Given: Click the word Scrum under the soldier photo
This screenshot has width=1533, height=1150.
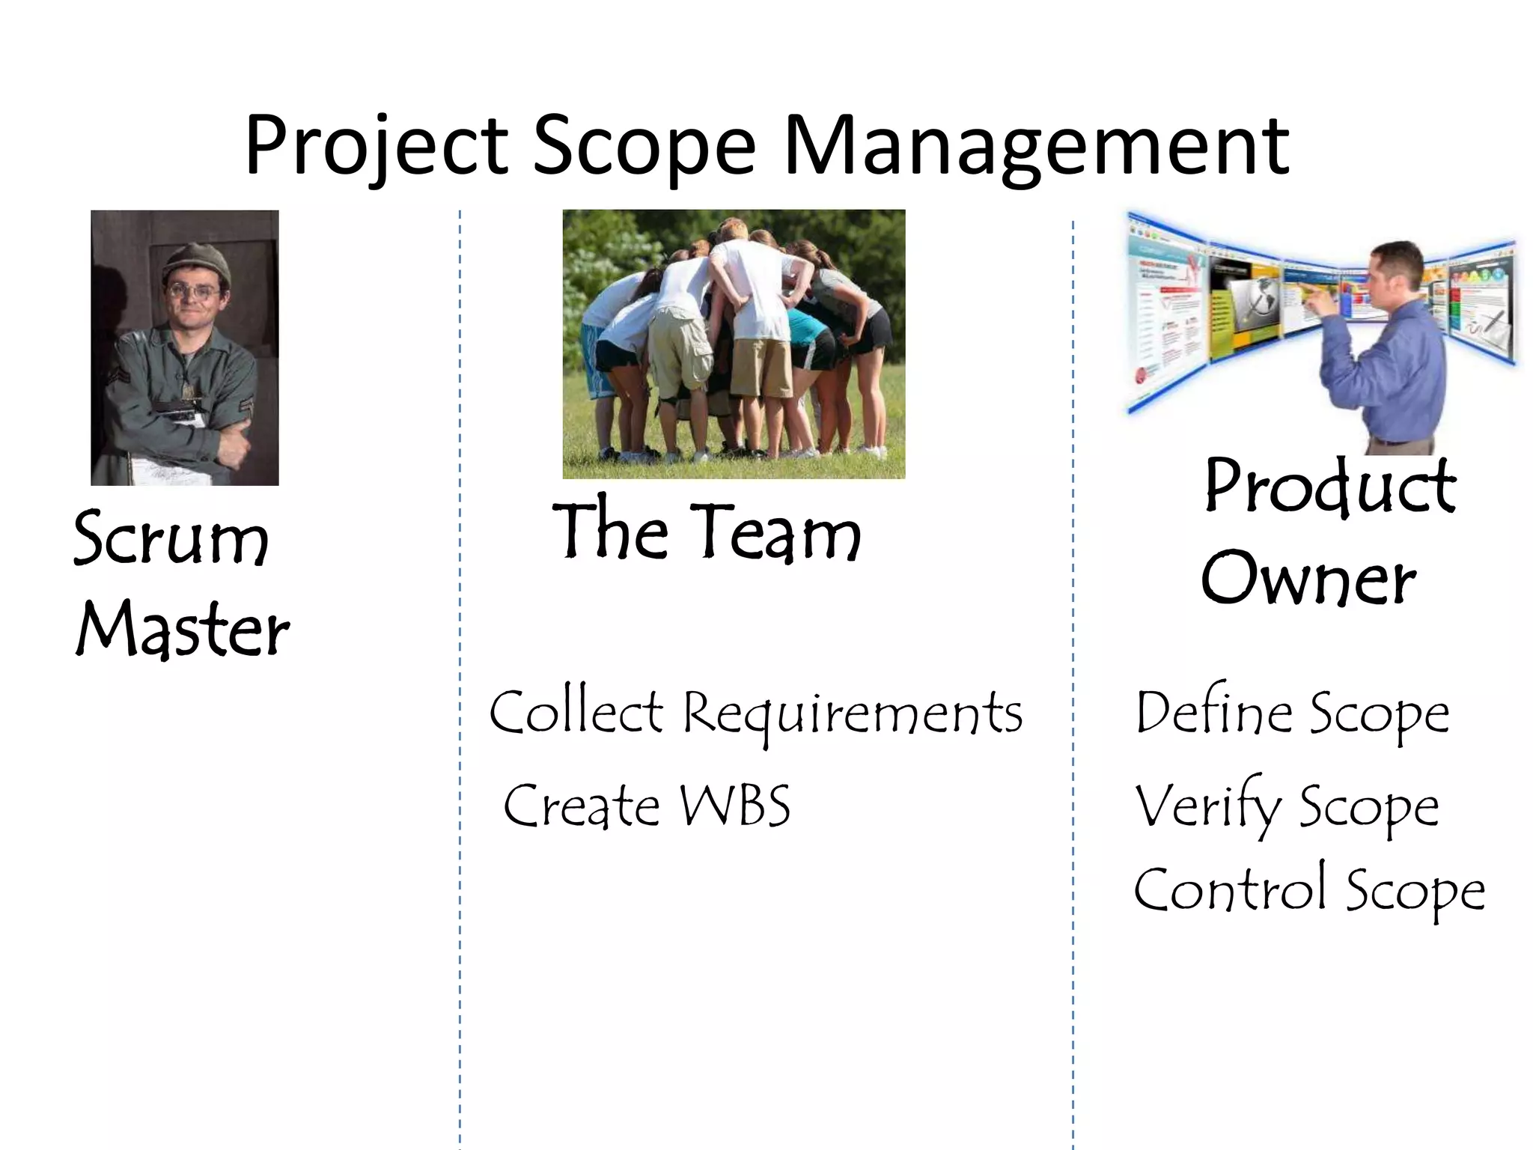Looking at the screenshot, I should tap(171, 539).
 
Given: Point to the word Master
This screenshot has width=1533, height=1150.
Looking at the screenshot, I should tap(183, 629).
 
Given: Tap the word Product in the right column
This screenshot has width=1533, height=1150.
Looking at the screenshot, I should tap(1331, 487).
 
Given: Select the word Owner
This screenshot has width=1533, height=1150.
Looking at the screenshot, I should tap(1308, 578).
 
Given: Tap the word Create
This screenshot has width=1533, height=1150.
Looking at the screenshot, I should tap(581, 806).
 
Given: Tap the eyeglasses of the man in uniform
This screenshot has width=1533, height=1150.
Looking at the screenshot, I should tap(194, 290).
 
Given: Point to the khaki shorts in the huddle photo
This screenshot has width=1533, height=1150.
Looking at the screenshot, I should tap(761, 367).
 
